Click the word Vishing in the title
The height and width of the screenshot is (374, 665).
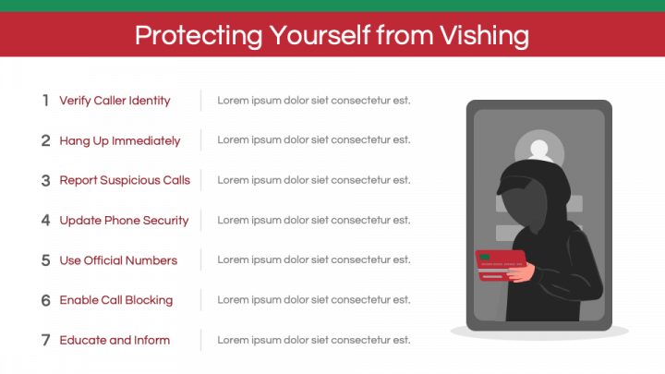pos(484,36)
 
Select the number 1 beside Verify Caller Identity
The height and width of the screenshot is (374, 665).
pos(45,101)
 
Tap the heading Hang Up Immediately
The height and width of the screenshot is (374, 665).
pos(119,140)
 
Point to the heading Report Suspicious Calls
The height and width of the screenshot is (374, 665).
pos(125,180)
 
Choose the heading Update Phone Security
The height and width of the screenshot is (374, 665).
pos(124,221)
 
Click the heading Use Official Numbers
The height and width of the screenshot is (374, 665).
pos(118,260)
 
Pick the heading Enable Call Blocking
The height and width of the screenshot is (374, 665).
pos(116,300)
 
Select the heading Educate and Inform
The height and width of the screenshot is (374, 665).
pos(115,340)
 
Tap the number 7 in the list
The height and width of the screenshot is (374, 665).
pos(46,340)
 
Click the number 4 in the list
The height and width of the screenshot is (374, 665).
pos(46,220)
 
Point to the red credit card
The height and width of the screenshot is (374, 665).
pos(501,265)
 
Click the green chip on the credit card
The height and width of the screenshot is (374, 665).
pos(484,257)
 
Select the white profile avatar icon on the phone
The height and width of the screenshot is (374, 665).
pos(539,151)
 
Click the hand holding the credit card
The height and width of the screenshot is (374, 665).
pos(523,272)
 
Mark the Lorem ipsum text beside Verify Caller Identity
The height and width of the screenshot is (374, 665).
pos(314,101)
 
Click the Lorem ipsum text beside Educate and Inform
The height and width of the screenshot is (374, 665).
pos(314,340)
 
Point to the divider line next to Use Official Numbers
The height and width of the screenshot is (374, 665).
pos(201,259)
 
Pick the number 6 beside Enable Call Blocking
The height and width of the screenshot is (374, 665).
pos(46,300)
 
